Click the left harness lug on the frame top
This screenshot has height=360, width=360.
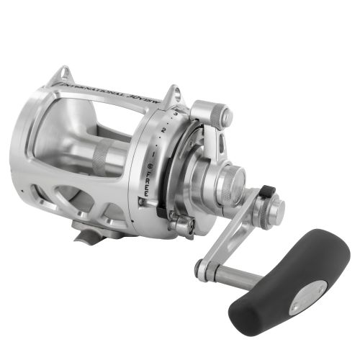tap(65, 74)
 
